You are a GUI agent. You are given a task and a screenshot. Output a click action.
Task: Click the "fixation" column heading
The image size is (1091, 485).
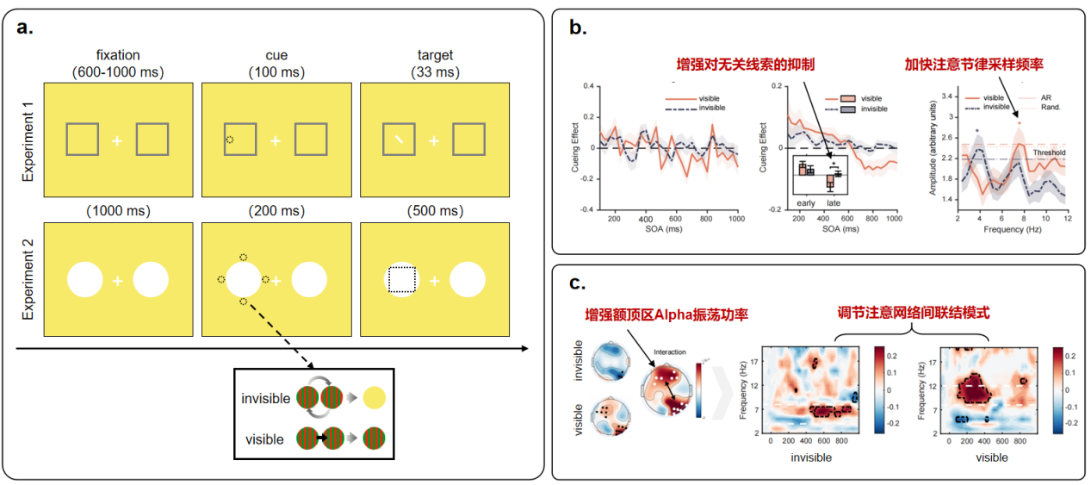(x=118, y=56)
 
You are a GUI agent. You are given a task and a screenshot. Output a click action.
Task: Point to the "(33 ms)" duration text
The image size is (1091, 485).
(x=435, y=72)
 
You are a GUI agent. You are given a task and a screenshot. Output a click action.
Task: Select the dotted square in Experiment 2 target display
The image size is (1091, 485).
(x=401, y=281)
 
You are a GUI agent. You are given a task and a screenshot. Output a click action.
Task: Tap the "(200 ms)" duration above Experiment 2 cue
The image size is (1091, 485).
(x=276, y=211)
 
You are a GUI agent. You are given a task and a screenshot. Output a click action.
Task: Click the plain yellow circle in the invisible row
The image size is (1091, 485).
(x=375, y=398)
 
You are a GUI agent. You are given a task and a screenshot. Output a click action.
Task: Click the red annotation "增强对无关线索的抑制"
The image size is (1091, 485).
(x=745, y=65)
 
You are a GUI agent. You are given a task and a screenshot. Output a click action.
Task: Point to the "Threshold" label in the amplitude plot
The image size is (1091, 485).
(x=1049, y=152)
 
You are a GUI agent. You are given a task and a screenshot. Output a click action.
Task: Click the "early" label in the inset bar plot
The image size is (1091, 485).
(x=805, y=202)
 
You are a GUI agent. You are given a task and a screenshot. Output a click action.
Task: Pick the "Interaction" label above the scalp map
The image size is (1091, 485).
(x=669, y=352)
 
